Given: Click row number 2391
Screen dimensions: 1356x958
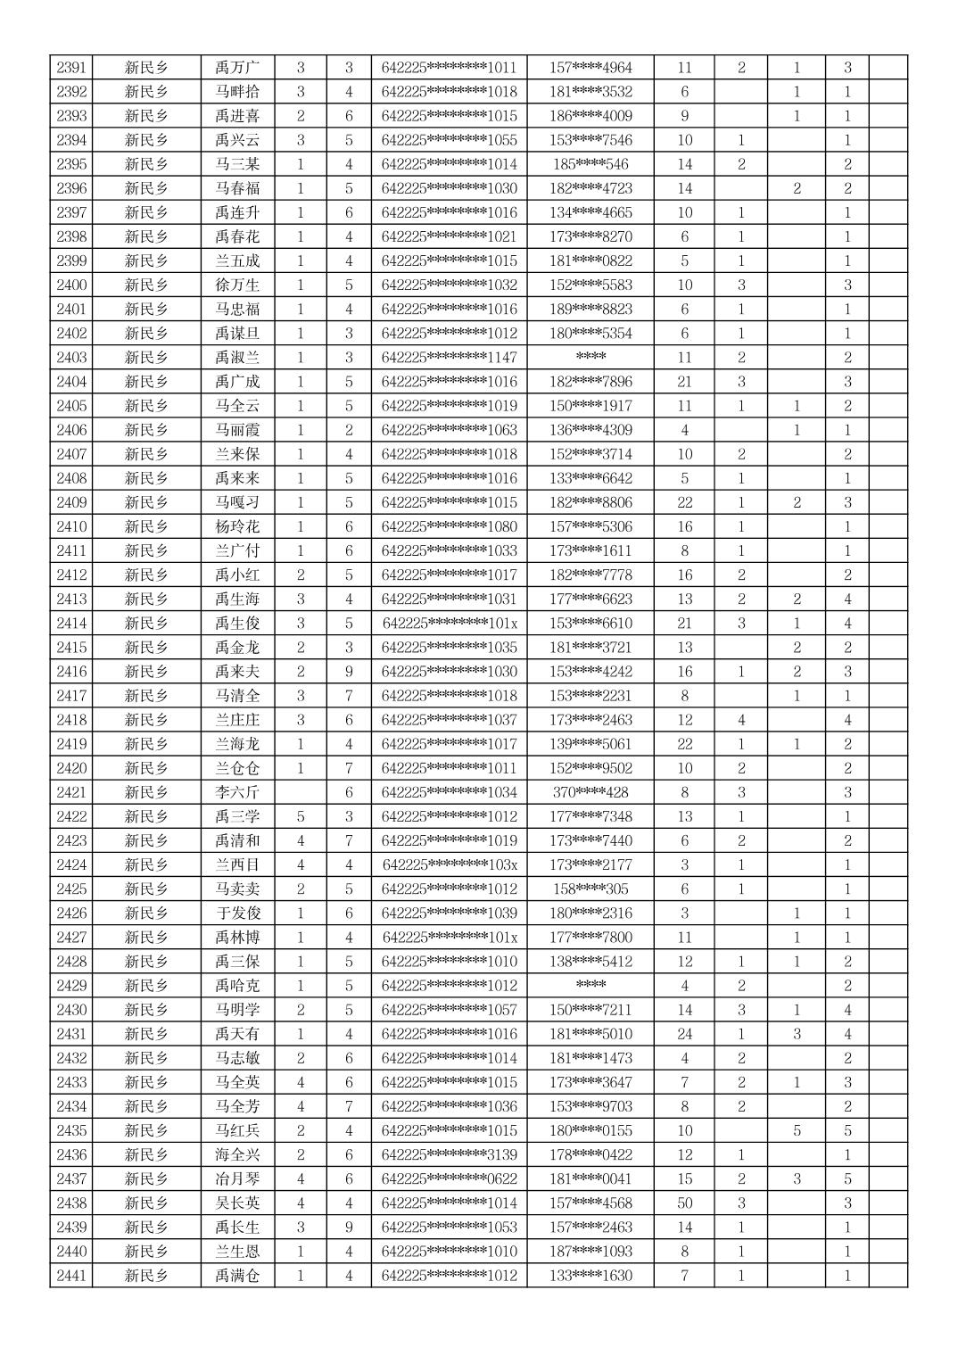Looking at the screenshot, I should (71, 68).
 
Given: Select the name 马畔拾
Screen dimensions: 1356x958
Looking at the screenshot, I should (237, 92).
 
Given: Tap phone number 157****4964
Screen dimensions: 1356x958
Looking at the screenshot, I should (590, 68).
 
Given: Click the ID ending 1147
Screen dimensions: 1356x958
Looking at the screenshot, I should (449, 358).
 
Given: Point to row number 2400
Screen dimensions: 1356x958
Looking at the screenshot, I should (71, 285).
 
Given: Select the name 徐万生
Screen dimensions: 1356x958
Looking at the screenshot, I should (237, 285).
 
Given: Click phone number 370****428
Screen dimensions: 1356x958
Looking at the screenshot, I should (590, 792).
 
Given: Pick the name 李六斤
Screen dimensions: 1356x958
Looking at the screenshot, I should (237, 792).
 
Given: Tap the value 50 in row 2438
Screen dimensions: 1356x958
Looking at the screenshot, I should (684, 1203).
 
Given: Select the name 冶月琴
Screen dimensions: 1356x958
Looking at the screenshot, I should (237, 1178).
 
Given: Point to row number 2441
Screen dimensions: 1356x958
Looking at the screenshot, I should (71, 1276).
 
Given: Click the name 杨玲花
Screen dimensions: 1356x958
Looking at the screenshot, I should (237, 526).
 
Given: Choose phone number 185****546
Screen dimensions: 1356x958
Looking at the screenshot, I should (590, 164).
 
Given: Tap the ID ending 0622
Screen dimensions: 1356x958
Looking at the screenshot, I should (449, 1178).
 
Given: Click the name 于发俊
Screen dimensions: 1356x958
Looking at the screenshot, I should (237, 913).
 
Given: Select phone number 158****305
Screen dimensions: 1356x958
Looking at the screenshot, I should (590, 889).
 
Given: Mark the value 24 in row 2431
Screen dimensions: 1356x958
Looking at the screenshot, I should (684, 1034).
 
